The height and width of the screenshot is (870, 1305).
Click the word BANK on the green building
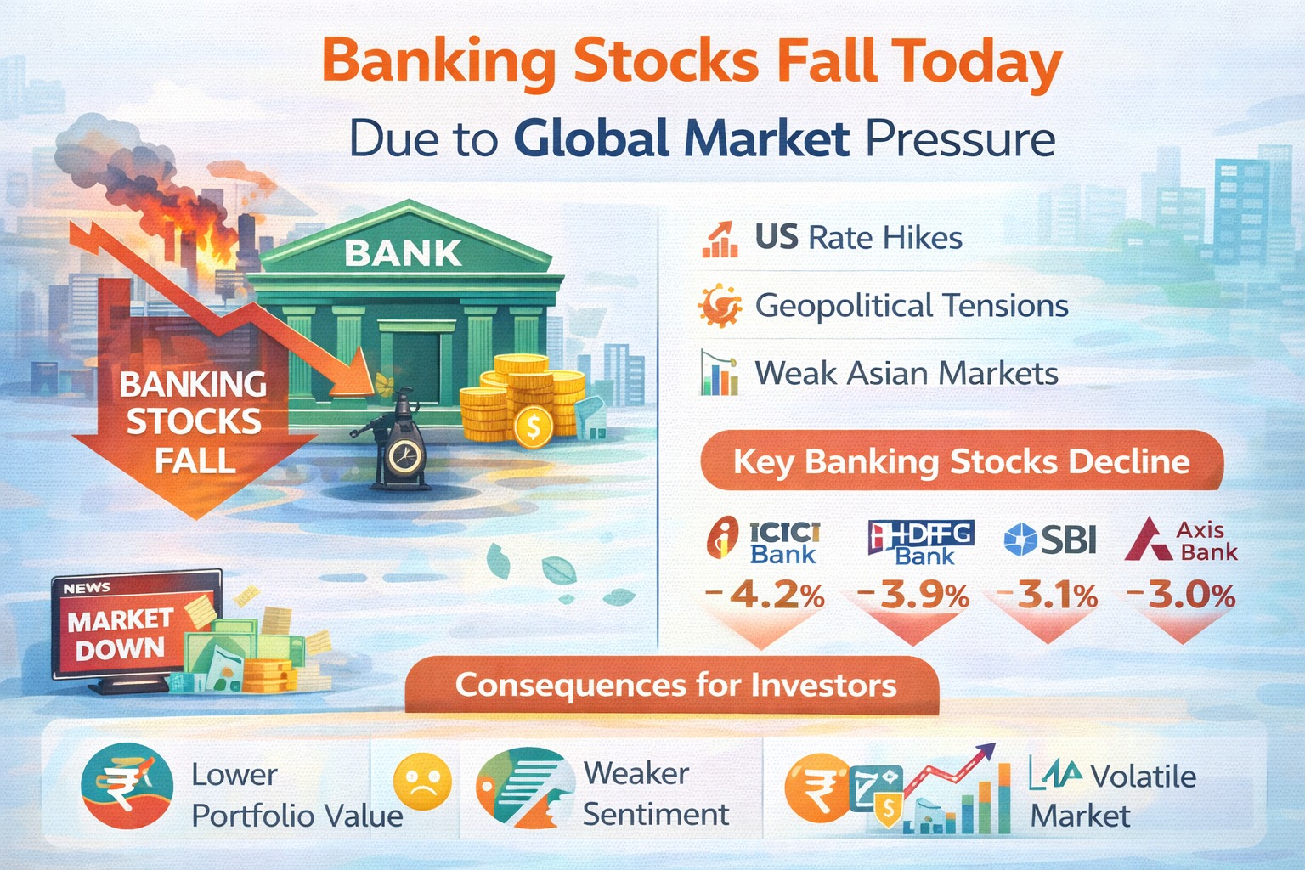403,253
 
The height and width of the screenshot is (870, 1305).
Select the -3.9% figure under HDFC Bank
913,596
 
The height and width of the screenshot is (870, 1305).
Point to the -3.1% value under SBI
1047,596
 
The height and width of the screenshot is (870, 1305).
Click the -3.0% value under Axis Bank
1181,596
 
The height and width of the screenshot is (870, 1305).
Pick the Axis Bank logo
1180,540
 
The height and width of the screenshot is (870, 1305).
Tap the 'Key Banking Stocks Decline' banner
961,461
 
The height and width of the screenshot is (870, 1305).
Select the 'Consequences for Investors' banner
675,685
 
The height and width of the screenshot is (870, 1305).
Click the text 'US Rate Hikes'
858,238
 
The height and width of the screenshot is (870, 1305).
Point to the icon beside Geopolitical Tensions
719,305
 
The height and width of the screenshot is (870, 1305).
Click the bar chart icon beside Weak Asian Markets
719,373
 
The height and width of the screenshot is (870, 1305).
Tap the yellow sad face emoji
422,782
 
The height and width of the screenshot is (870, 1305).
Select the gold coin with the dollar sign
533,427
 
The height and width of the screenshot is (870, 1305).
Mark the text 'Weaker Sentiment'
654,794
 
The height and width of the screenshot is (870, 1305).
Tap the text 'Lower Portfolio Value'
297,795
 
